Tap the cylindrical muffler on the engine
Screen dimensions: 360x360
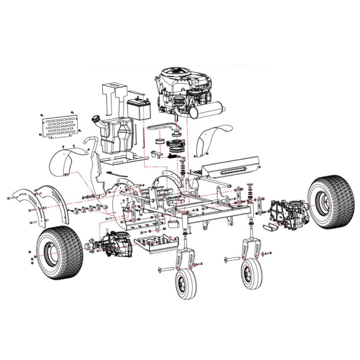pos(207,110)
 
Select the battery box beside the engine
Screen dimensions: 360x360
pos(139,107)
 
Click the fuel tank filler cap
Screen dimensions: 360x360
pos(96,118)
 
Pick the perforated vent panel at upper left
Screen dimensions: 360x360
pos(60,126)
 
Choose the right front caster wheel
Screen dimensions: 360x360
pos(251,275)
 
